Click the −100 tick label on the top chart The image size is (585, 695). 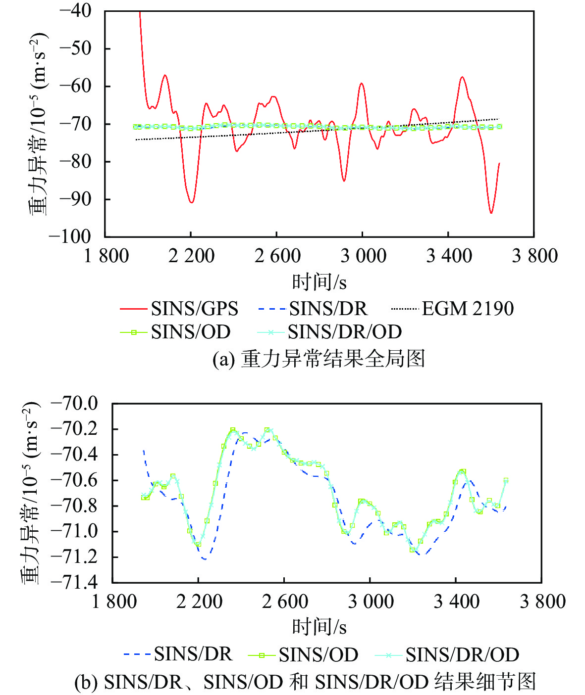click(x=70, y=236)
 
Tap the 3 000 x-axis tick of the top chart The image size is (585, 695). click(x=363, y=256)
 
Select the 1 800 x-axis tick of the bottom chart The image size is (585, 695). click(x=114, y=602)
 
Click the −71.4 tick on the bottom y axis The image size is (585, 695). click(x=74, y=582)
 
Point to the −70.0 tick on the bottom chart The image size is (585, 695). click(x=74, y=403)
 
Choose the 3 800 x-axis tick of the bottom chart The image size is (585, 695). click(x=542, y=602)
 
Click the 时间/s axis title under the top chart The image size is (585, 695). click(x=319, y=282)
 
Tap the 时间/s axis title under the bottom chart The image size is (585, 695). click(x=319, y=627)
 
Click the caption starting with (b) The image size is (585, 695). click(x=305, y=682)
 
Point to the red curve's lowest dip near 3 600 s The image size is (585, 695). click(x=491, y=213)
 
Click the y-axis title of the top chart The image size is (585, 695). click(x=38, y=124)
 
